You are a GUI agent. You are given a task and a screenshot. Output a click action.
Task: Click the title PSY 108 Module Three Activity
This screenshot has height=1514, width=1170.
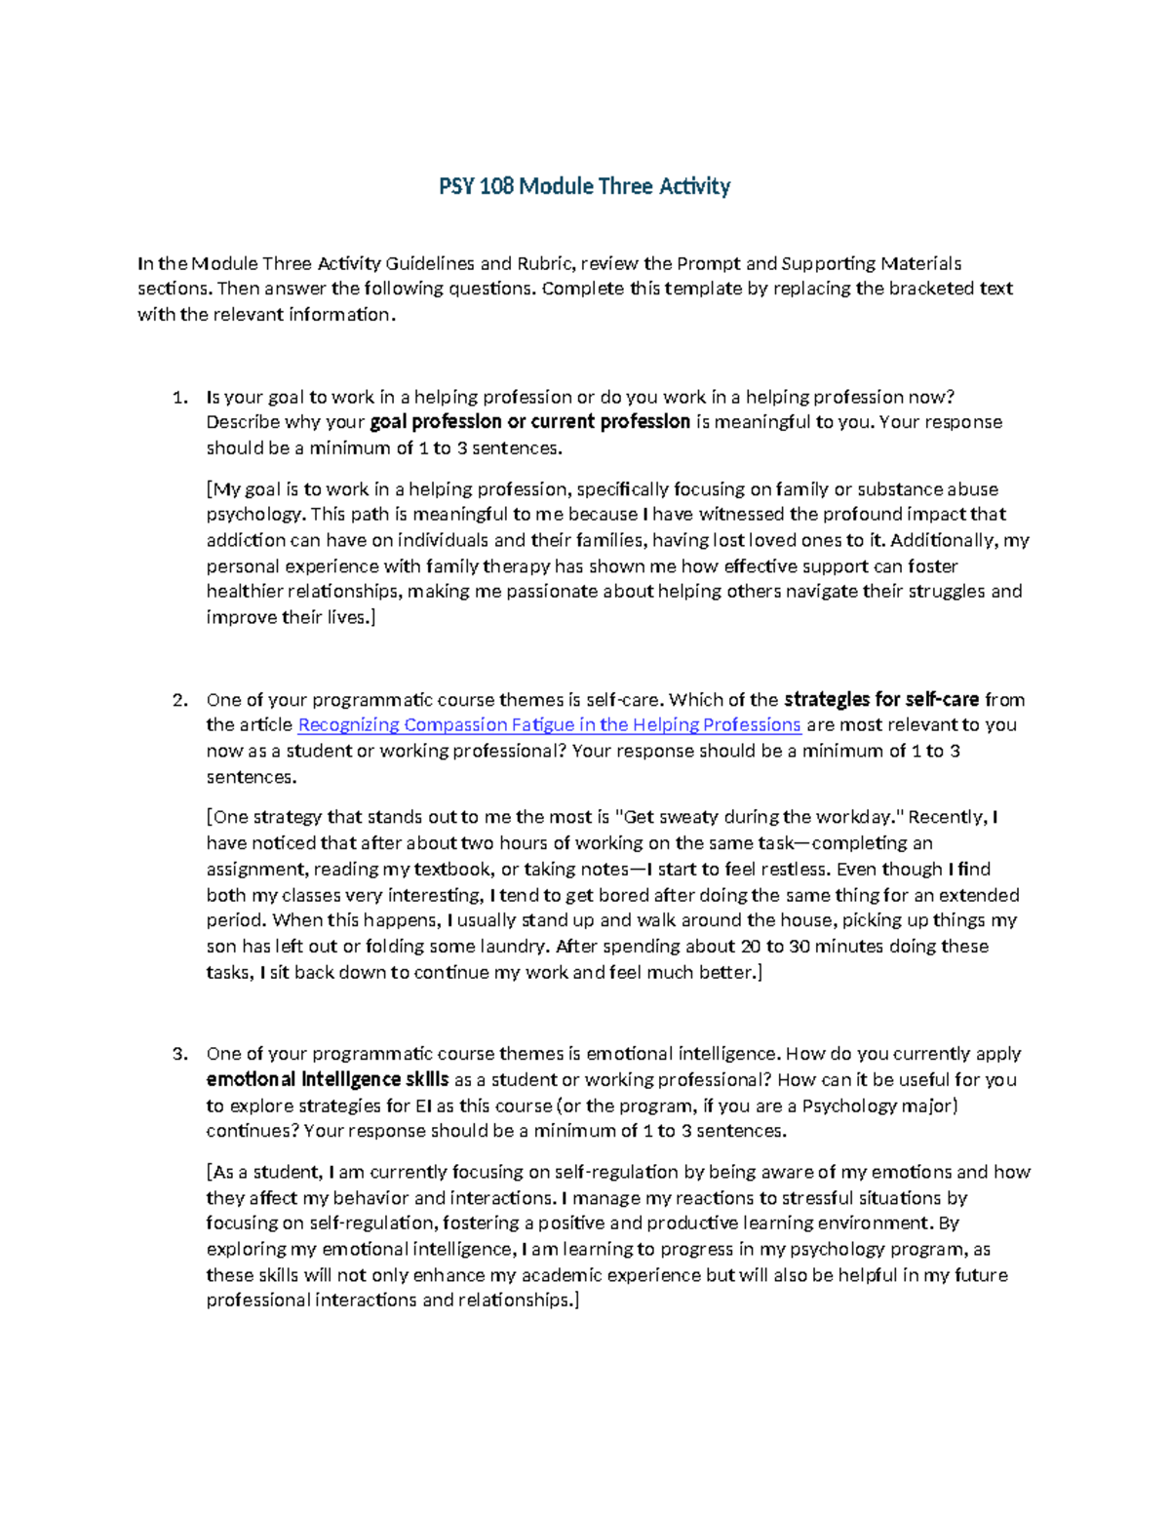click(x=584, y=186)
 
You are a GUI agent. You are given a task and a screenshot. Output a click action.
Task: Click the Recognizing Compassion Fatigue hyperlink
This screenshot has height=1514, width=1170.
click(x=549, y=725)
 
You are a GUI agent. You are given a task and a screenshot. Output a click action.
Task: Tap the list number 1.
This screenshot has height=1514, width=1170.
click(x=177, y=398)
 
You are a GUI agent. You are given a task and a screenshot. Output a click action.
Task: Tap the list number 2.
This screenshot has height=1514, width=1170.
click(x=177, y=700)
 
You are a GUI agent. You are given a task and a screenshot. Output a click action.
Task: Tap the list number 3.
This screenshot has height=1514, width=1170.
click(x=177, y=1054)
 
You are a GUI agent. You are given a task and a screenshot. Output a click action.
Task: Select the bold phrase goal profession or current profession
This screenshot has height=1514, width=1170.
click(x=530, y=423)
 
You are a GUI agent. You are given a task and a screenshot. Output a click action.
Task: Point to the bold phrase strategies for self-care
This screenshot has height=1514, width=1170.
click(x=881, y=700)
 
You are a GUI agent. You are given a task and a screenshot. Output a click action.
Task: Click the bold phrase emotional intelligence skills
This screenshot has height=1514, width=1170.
click(x=328, y=1080)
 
